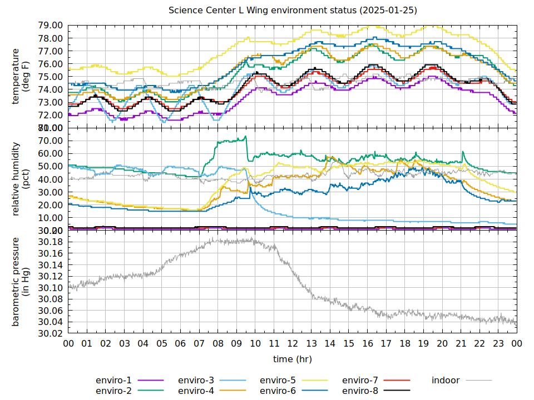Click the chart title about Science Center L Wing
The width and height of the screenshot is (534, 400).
293,11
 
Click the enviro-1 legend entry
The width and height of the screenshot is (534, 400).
115,380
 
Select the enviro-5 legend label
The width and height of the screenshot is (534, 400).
278,380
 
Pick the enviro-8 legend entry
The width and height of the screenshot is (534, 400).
360,391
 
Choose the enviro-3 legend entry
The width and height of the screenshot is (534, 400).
196,380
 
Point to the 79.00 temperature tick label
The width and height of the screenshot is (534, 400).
50,26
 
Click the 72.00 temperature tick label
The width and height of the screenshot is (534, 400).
50,115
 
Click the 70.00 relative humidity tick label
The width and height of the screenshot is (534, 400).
50,141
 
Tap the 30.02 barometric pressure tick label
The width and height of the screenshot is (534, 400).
50,334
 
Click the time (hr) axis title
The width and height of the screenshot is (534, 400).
293,359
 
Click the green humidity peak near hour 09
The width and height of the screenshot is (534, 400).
245,137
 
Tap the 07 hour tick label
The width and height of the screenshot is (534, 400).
199,344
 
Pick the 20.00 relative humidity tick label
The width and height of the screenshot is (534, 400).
50,205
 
